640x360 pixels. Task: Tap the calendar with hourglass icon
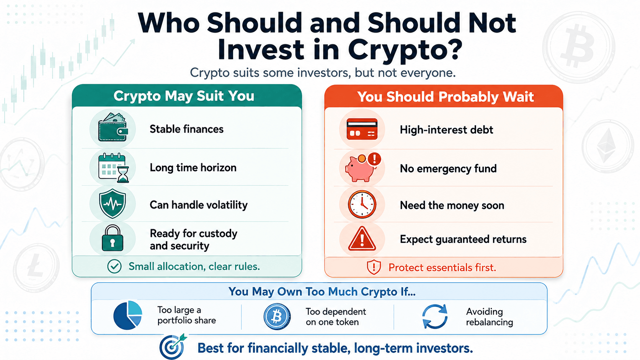click(x=113, y=168)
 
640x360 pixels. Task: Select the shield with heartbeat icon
click(x=112, y=204)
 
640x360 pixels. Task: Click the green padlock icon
click(x=112, y=238)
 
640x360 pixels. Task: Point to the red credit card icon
click(x=362, y=129)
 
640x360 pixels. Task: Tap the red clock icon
click(x=362, y=204)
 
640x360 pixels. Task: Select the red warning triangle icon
click(x=362, y=239)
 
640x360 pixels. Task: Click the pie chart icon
click(x=127, y=315)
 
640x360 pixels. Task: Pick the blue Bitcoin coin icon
click(x=277, y=317)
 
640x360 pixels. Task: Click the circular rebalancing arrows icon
click(x=434, y=317)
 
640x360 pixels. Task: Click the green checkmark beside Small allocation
click(x=114, y=266)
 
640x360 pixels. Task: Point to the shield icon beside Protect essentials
click(x=374, y=267)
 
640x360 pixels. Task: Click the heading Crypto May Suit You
click(x=184, y=96)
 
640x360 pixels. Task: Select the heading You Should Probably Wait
click(x=445, y=97)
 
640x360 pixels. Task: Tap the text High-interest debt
click(x=446, y=130)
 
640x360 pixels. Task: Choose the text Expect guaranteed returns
click(x=463, y=239)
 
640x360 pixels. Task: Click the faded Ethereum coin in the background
click(x=608, y=146)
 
